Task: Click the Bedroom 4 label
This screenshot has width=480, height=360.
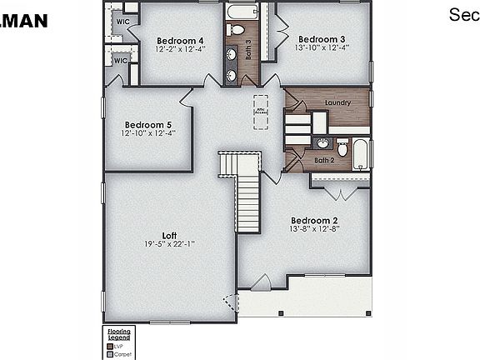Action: [179, 41]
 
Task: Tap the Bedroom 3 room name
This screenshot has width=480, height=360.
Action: [322, 39]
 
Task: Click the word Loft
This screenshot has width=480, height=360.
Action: [169, 234]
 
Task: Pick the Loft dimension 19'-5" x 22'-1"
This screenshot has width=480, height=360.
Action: [169, 243]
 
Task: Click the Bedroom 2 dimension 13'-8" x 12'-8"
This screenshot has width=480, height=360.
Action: [317, 229]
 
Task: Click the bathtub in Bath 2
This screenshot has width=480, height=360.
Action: [361, 154]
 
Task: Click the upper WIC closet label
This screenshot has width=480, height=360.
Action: [122, 20]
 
